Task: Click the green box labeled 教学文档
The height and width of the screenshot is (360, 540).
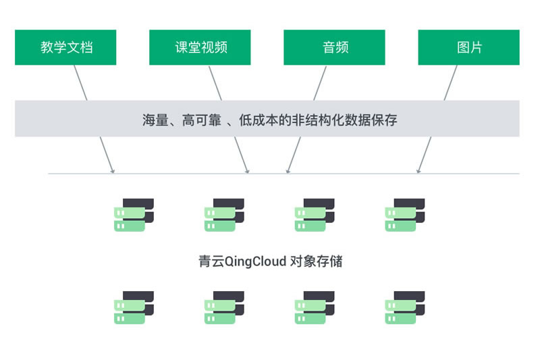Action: point(65,47)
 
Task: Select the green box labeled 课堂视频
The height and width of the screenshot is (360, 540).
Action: point(200,47)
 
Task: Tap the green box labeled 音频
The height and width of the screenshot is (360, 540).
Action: point(335,47)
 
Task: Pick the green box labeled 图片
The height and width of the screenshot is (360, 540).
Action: point(469,47)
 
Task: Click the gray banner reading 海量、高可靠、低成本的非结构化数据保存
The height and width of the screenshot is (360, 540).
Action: point(267,119)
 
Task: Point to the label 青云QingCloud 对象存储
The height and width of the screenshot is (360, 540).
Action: point(270,261)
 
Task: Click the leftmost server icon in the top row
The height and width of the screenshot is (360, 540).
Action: point(134,215)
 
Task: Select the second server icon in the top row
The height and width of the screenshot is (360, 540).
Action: point(224,215)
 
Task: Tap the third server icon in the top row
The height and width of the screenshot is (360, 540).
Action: point(315,215)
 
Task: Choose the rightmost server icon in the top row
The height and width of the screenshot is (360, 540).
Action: point(405,215)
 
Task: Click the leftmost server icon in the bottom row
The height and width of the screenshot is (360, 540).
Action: point(134,307)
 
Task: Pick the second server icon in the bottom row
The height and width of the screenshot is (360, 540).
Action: point(224,307)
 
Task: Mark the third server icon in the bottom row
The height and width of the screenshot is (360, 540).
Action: point(315,307)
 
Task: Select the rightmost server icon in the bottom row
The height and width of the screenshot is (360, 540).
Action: point(405,307)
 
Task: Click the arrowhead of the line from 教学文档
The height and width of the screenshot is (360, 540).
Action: point(113,172)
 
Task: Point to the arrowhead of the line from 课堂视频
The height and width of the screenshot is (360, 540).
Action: point(248,172)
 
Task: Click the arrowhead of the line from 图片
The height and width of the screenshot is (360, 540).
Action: point(418,172)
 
